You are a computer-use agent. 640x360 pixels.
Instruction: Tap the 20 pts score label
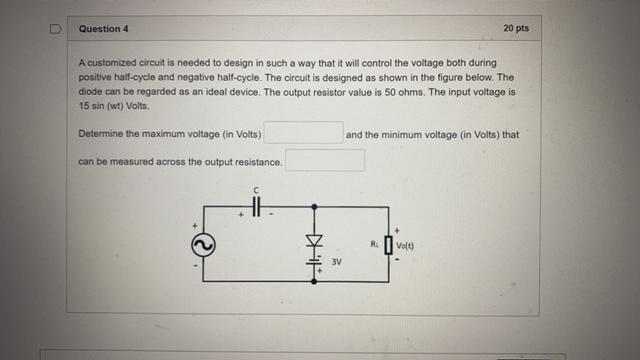(516, 28)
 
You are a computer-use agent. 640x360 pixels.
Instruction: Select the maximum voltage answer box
(303, 133)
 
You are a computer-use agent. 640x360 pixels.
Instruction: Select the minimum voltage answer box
(325, 160)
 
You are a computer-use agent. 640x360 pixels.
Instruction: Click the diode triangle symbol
(315, 241)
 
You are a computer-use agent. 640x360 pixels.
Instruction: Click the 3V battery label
(337, 264)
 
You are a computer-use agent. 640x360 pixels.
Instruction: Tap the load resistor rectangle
(387, 243)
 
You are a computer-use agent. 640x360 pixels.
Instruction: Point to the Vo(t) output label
(405, 243)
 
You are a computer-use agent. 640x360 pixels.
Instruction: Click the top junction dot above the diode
(315, 206)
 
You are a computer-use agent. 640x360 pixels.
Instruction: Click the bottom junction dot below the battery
(315, 282)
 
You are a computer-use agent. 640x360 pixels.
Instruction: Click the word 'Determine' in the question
(99, 133)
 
